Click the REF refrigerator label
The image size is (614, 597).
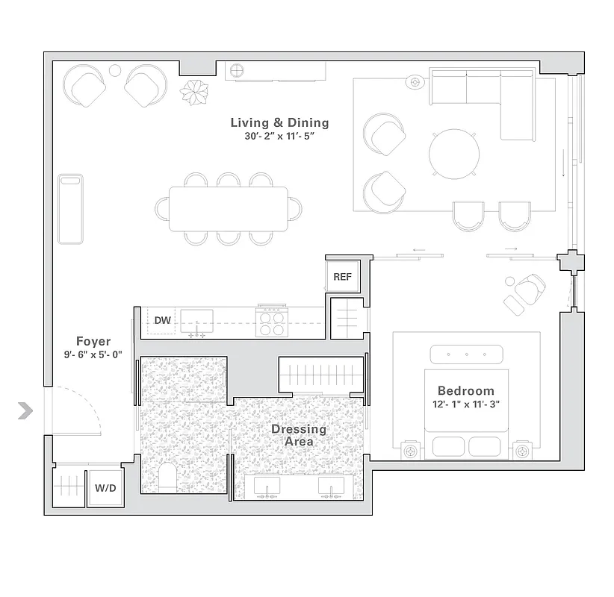[x=342, y=277]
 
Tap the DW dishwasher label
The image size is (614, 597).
[x=162, y=321]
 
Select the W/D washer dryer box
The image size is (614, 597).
[x=105, y=488]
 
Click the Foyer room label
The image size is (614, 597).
[x=93, y=341]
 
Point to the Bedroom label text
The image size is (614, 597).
[x=465, y=391]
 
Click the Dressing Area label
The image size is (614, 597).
[x=299, y=435]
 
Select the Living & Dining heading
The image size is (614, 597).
[x=279, y=122]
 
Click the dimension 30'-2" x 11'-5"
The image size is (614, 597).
[x=279, y=137]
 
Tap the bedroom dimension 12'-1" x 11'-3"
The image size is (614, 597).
[x=466, y=405]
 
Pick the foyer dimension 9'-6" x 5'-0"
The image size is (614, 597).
[x=93, y=355]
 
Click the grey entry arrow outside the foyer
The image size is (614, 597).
[x=26, y=410]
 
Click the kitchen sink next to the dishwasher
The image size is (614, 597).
[x=196, y=321]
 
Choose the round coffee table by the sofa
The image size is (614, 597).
[x=454, y=154]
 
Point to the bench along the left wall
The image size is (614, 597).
[x=70, y=209]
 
